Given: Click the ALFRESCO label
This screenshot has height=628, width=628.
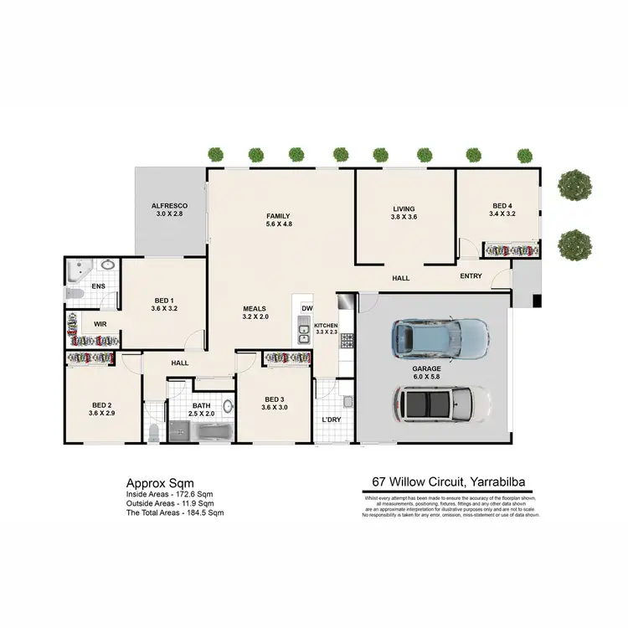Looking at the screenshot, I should click(169, 206).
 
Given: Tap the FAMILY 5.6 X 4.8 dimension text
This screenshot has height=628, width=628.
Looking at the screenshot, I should click(277, 224).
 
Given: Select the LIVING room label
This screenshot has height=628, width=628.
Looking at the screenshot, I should click(404, 209).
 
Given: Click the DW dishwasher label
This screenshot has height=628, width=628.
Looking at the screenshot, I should click(306, 307).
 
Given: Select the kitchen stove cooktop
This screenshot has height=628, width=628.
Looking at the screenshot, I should click(346, 341).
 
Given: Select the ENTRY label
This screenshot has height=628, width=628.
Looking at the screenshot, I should click(471, 277).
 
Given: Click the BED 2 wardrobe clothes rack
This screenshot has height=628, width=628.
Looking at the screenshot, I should click(90, 358).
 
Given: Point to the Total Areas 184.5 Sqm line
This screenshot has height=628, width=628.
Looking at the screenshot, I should click(175, 512).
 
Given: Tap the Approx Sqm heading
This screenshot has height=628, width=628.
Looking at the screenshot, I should click(160, 483).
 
